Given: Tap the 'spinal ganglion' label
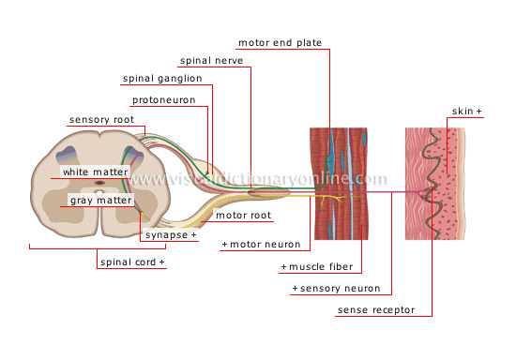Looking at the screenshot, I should pos(161,79).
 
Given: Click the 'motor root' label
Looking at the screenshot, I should pos(243,215).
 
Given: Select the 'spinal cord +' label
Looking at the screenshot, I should pos(131,262).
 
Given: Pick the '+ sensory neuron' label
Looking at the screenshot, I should pos(337,288).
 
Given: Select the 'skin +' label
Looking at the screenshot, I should pos(466,112).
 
